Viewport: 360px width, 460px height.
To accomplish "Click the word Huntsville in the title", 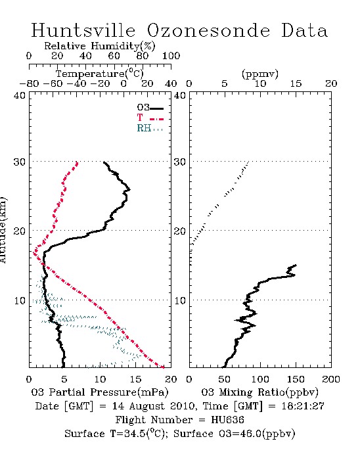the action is click(x=83, y=30).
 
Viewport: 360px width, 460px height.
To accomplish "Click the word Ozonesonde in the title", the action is click(x=208, y=30).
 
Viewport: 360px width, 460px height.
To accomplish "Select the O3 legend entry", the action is click(x=150, y=108).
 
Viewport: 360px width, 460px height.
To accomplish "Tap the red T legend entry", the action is click(x=150, y=118).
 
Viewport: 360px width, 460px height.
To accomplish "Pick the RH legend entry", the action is click(x=150, y=128).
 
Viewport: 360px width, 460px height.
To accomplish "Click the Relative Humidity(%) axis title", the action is click(x=100, y=46).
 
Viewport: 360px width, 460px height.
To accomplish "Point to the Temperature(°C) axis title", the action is click(x=100, y=74).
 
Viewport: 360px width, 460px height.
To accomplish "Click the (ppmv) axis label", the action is click(x=260, y=74).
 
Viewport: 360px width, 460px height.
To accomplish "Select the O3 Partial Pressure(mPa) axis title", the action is click(x=100, y=392).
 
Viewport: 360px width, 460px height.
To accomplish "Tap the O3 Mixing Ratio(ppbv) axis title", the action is click(x=259, y=392).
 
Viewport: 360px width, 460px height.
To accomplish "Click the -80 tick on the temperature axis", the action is click(x=29, y=84).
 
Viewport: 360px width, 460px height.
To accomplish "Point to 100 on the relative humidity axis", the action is click(x=171, y=56).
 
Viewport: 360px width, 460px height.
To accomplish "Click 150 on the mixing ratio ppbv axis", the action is click(x=296, y=379).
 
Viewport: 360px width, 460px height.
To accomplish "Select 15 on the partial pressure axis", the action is click(x=135, y=379).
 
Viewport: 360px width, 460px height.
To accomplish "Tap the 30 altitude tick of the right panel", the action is click(x=180, y=162).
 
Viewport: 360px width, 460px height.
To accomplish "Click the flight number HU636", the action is click(x=227, y=420).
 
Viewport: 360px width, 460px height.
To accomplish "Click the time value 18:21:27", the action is click(x=303, y=406).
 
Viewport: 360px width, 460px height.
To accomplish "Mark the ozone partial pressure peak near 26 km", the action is click(x=129, y=189).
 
